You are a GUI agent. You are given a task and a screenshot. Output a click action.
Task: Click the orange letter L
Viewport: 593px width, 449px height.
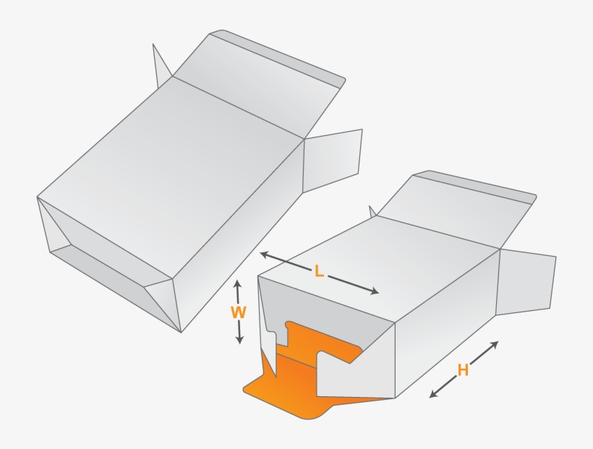pos(319,272)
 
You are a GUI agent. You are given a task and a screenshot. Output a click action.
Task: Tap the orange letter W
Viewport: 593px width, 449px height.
pos(238,312)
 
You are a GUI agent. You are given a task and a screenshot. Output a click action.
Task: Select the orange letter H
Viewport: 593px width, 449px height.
pos(463,370)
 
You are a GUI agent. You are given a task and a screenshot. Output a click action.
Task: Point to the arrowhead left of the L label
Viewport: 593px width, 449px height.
pos(264,255)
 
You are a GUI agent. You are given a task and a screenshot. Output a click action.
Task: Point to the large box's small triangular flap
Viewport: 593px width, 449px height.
pos(161,65)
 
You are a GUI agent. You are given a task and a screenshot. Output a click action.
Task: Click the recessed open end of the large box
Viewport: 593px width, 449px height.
pos(101,246)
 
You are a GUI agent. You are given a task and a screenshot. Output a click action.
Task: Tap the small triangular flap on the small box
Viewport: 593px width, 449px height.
pos(373,212)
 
